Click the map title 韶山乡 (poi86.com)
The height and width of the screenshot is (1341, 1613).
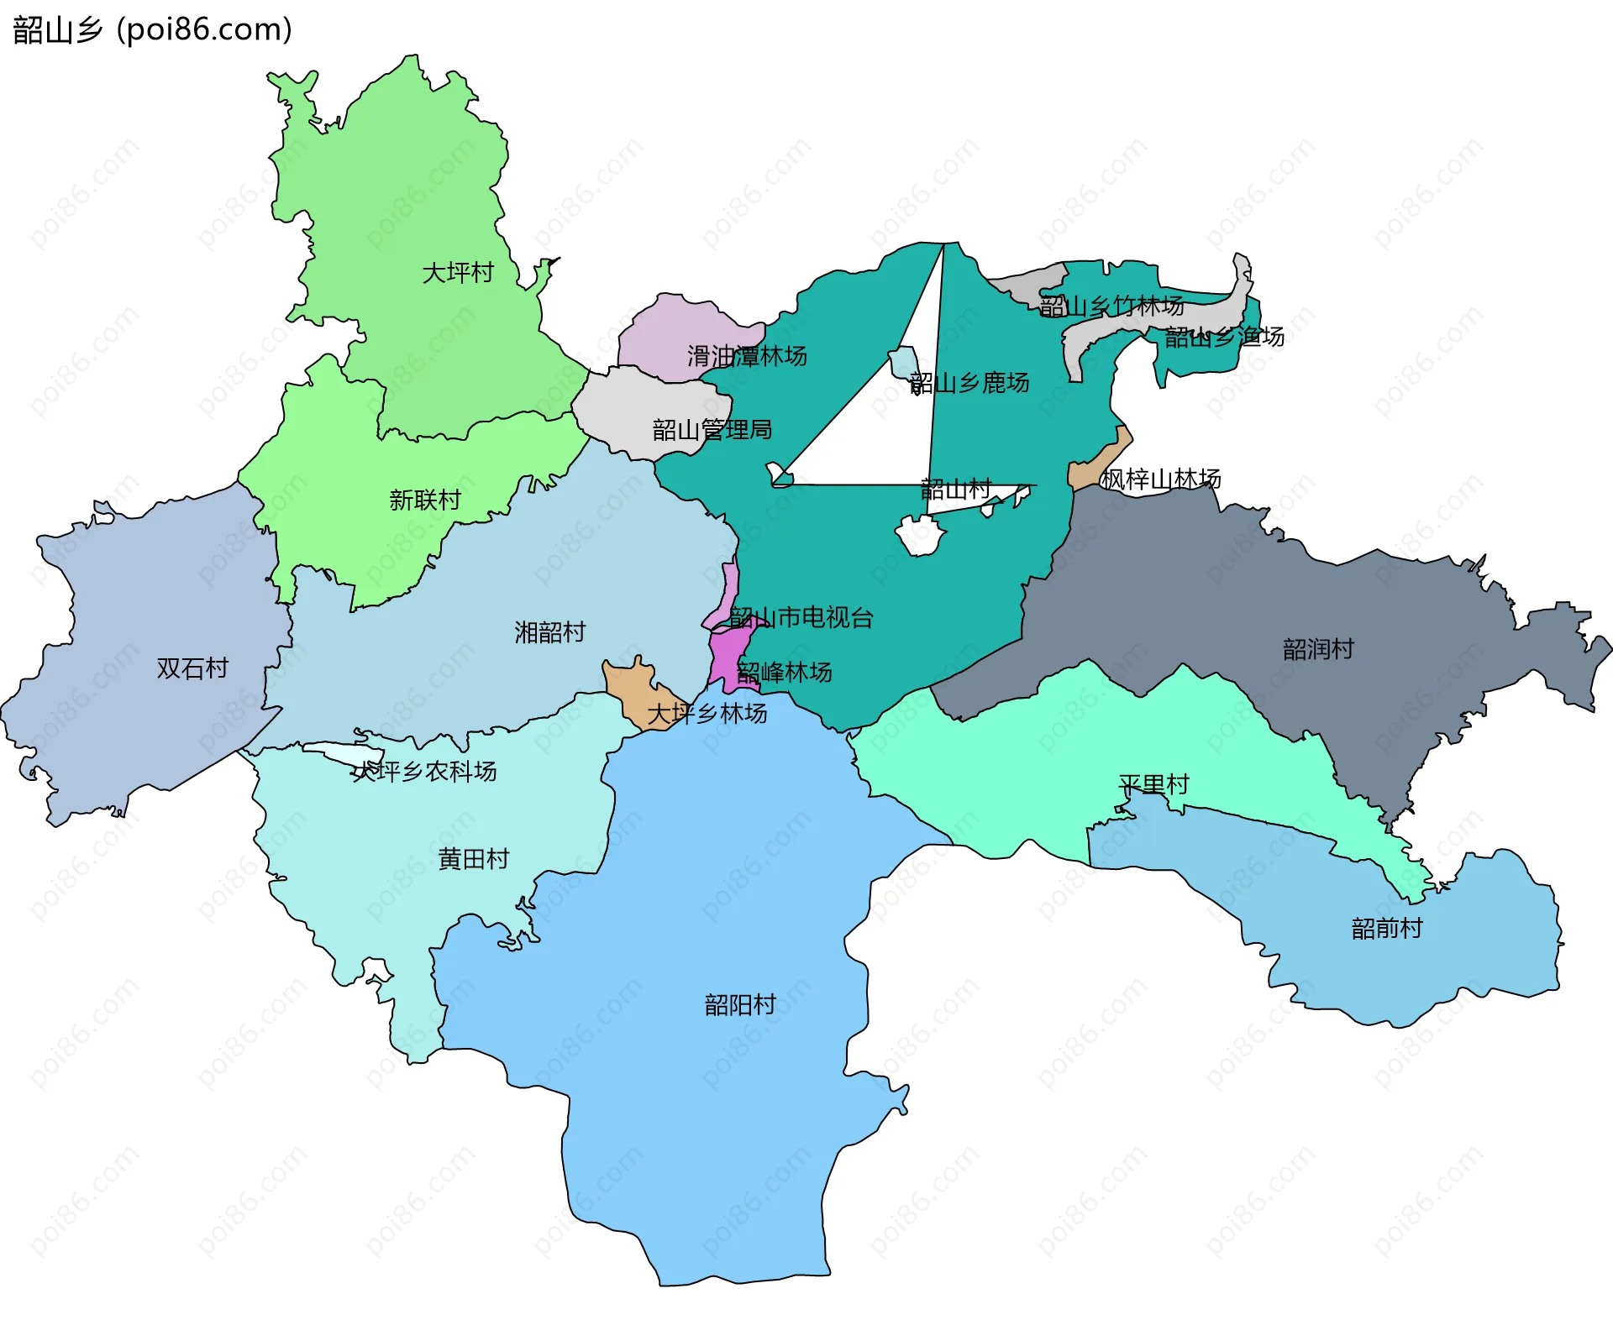coord(152,29)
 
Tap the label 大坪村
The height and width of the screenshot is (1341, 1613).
coord(458,273)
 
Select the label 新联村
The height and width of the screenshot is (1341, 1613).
coord(425,500)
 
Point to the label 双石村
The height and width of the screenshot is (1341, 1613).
coord(192,668)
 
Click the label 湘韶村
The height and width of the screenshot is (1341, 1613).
coord(549,632)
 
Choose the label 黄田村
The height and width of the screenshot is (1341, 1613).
coord(474,859)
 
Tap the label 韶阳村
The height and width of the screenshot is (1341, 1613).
coord(739,1005)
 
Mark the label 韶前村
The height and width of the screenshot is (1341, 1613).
coord(1387,929)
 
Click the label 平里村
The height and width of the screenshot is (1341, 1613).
coord(1153,785)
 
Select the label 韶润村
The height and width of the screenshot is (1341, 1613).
coord(1318,649)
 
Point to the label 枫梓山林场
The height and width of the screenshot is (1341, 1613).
coord(1161,479)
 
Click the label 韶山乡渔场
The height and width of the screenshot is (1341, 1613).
coord(1224,338)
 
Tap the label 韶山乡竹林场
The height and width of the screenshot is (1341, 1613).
coord(1111,306)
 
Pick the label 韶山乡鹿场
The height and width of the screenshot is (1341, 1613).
coord(969,384)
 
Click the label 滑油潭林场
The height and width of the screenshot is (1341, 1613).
coord(747,356)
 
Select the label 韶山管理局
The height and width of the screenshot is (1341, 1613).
coord(712,430)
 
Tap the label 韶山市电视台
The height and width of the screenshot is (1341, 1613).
coord(801,618)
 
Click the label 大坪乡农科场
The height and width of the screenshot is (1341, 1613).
coord(424,772)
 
